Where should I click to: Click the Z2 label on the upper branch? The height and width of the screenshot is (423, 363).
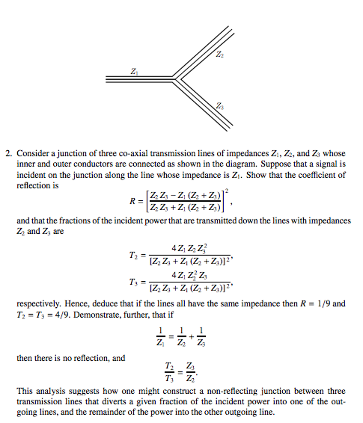[220, 55]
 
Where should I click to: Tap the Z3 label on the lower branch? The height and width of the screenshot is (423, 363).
[220, 107]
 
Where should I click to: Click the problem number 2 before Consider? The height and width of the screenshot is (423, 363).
[8, 154]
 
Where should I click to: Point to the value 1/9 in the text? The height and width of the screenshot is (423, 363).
[323, 304]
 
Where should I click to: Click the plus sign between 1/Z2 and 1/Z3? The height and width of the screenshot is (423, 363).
[191, 336]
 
